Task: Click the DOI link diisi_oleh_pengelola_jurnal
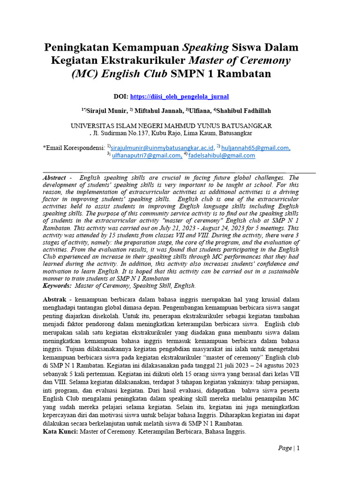tap(180, 97)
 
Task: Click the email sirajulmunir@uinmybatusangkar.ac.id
tap(162, 147)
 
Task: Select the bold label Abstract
tap(54, 178)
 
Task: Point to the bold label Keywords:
tap(57, 285)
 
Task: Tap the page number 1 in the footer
tap(297, 448)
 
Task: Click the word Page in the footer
tap(285, 448)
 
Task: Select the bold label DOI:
tap(121, 97)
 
